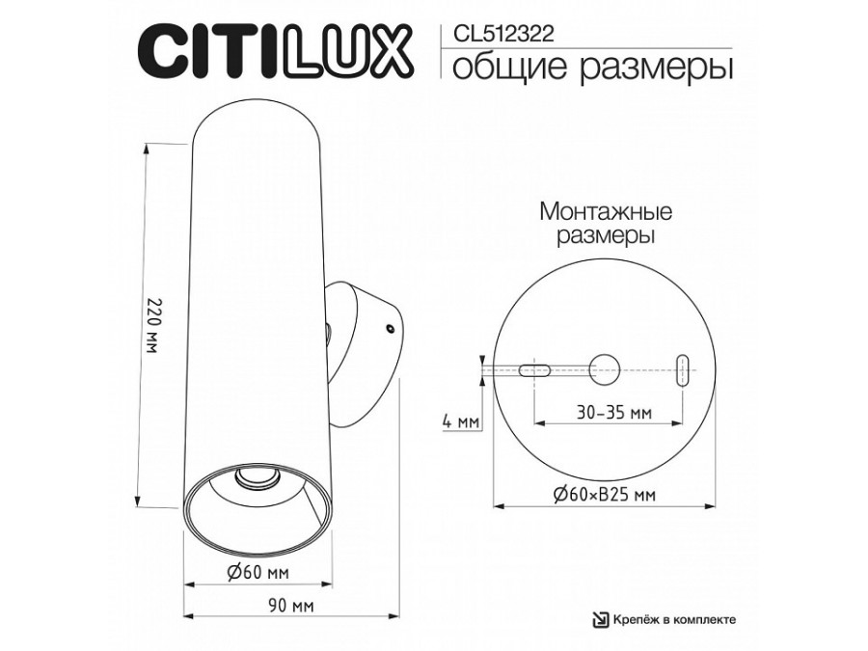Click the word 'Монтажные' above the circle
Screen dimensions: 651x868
click(x=605, y=210)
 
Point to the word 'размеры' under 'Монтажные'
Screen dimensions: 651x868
click(x=605, y=234)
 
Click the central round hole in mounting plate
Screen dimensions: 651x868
click(x=605, y=367)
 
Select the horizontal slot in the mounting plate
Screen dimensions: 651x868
click(x=535, y=368)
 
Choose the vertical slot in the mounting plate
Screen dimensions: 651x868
click(x=682, y=368)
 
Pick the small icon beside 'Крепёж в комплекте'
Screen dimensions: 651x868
click(x=600, y=620)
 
